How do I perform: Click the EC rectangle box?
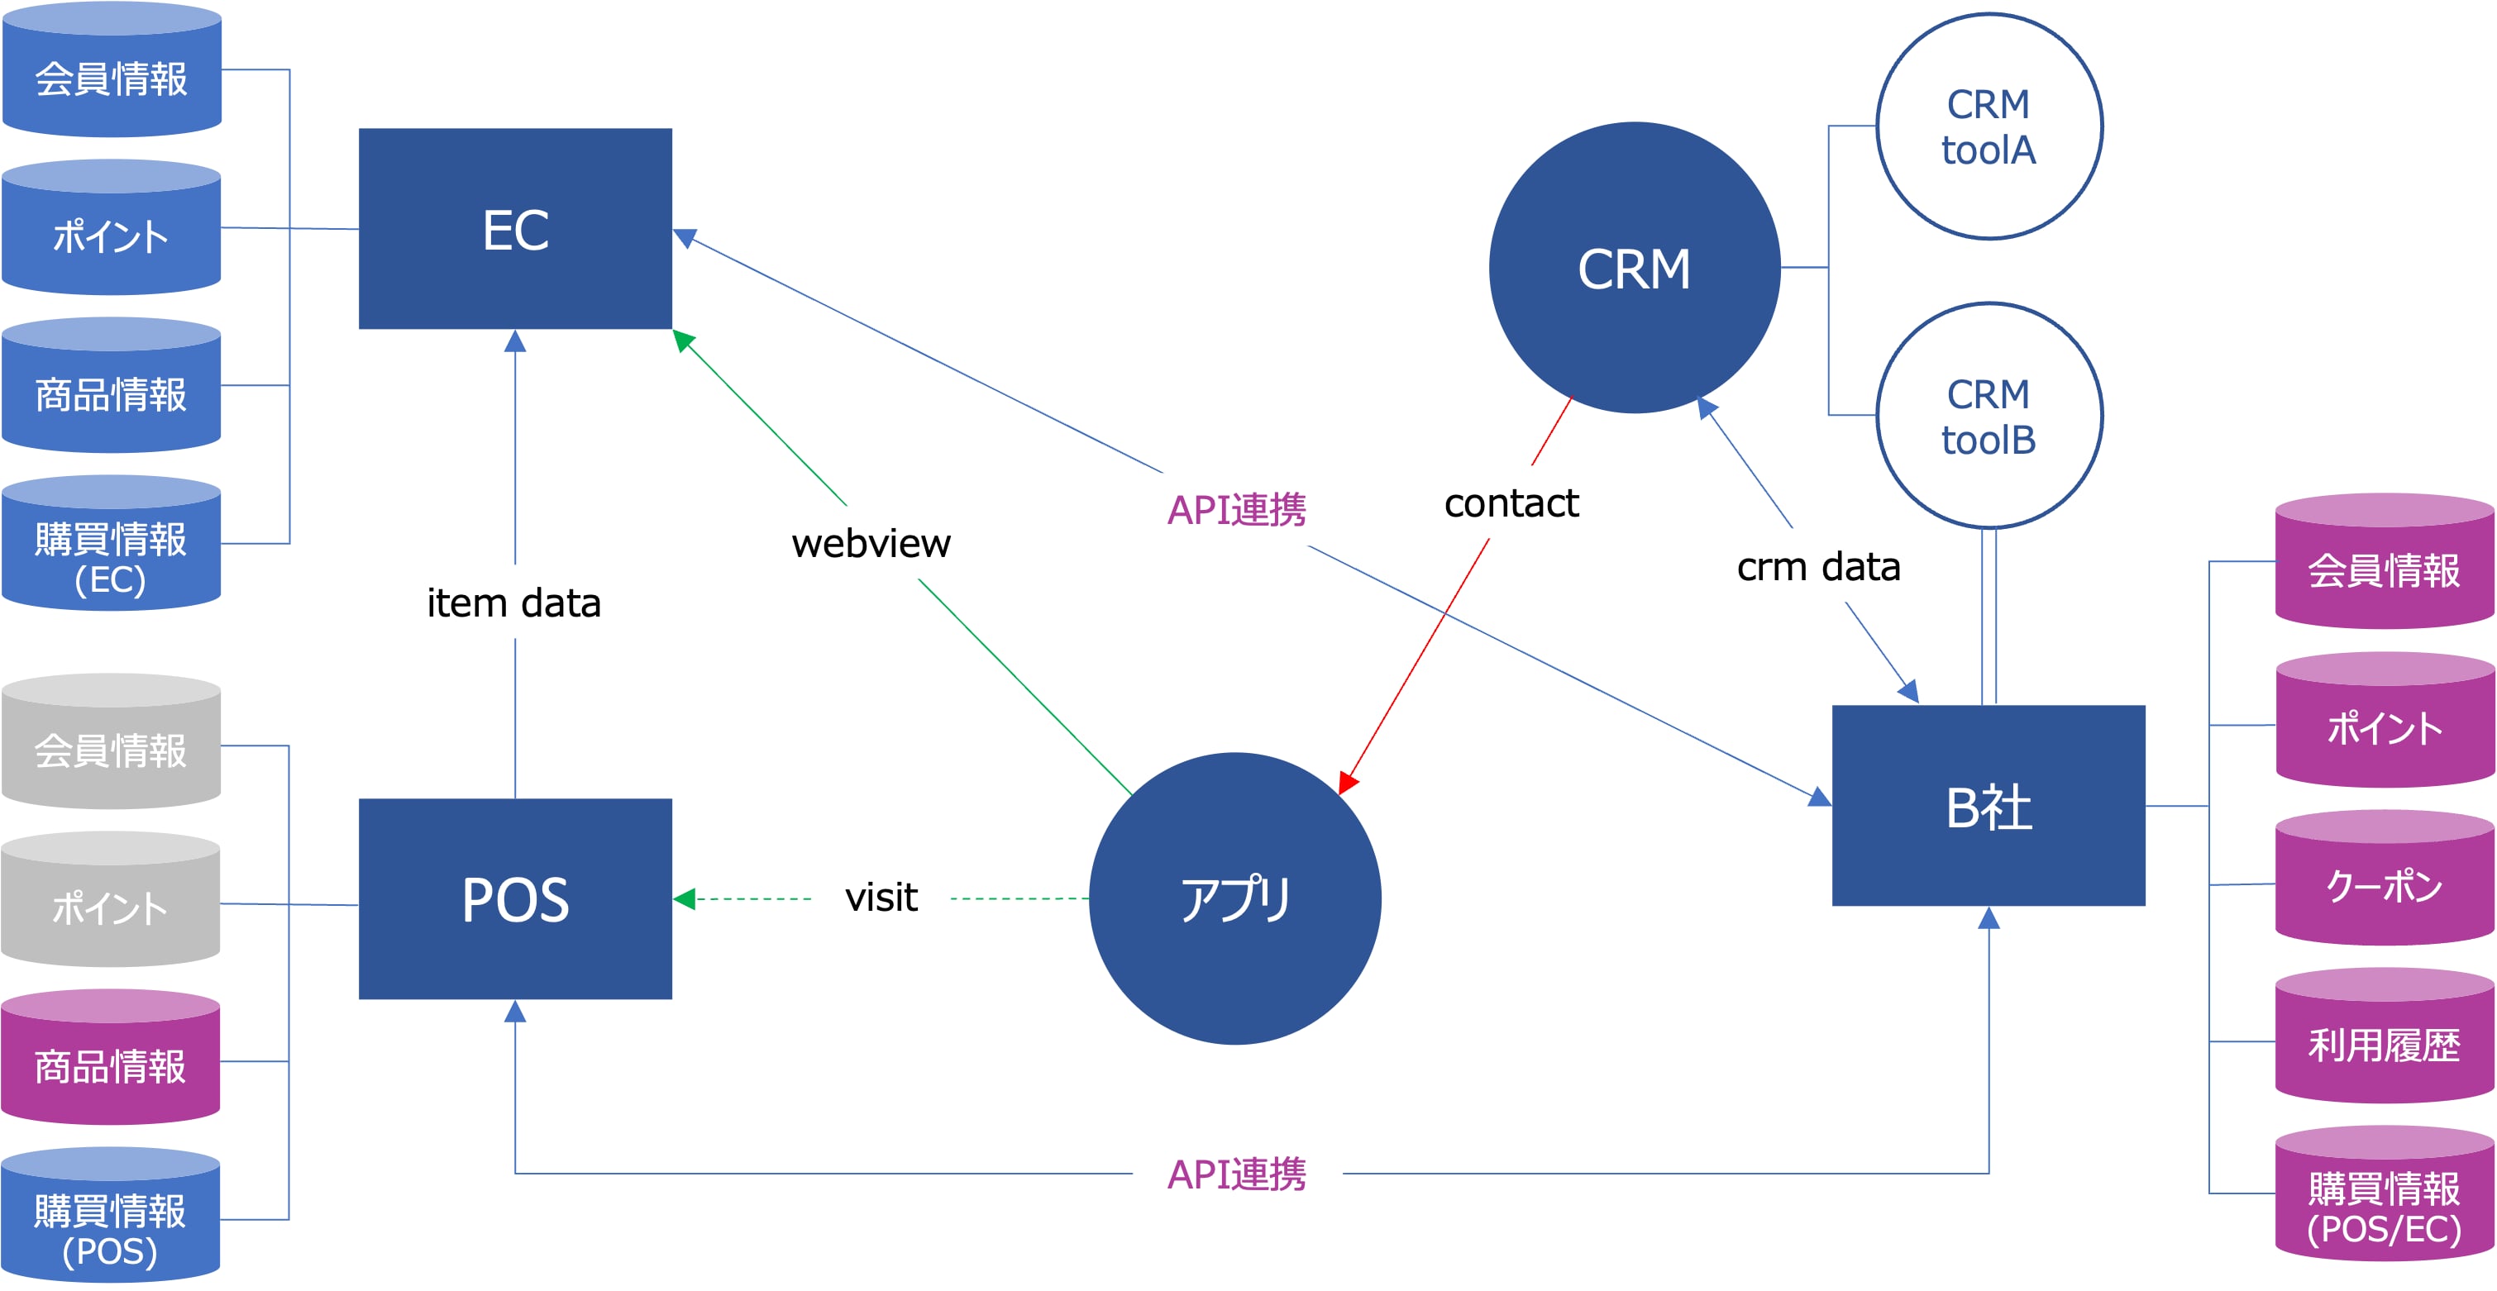515,229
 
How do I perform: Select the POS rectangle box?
515,898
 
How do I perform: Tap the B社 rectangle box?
1989,805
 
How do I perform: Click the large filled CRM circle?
1635,268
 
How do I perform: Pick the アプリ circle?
1235,898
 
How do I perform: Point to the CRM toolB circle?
1989,416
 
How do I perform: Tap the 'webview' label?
871,544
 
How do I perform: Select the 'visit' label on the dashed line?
881,898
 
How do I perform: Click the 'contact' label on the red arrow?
1511,503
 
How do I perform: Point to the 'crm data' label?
1818,567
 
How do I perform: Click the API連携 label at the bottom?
1236,1174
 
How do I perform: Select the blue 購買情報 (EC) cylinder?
112,545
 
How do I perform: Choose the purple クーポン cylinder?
2385,880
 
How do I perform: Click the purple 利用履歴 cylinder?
2385,1038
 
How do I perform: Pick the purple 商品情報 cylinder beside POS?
111,1060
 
